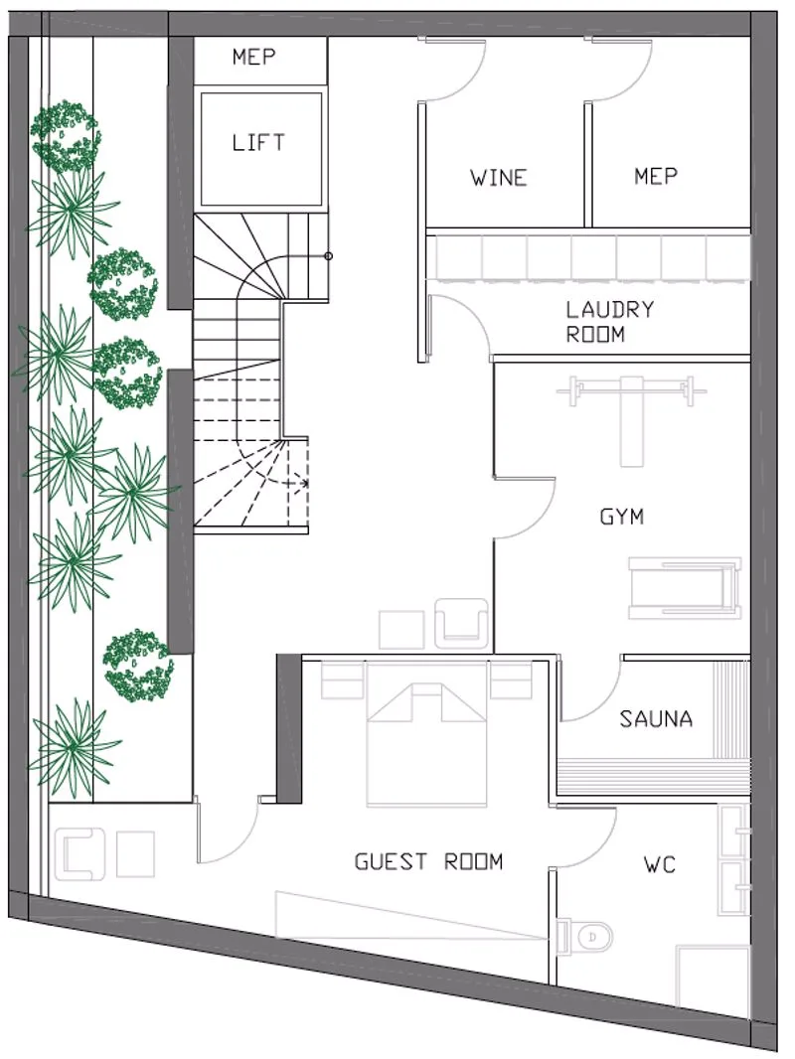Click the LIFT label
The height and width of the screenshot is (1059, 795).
(x=258, y=142)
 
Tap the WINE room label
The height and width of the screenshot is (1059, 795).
(x=499, y=178)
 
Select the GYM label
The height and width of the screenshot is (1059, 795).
(x=621, y=517)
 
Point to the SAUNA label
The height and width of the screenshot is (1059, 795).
(x=656, y=718)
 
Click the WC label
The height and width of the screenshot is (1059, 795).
(x=660, y=864)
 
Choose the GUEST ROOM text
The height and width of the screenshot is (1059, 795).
(x=429, y=861)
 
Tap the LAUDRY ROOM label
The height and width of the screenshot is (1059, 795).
(x=610, y=322)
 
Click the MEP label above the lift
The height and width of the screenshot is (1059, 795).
(x=254, y=56)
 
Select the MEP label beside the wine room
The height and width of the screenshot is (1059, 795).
(x=656, y=176)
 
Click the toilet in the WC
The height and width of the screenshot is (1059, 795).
(x=585, y=936)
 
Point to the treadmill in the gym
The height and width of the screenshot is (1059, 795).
(x=685, y=587)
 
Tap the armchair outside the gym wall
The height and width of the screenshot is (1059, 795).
(x=461, y=623)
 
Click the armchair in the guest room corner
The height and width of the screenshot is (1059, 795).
(x=80, y=853)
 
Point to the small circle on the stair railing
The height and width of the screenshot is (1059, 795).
(x=328, y=256)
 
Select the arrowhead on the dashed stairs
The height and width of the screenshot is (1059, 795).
(x=305, y=484)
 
